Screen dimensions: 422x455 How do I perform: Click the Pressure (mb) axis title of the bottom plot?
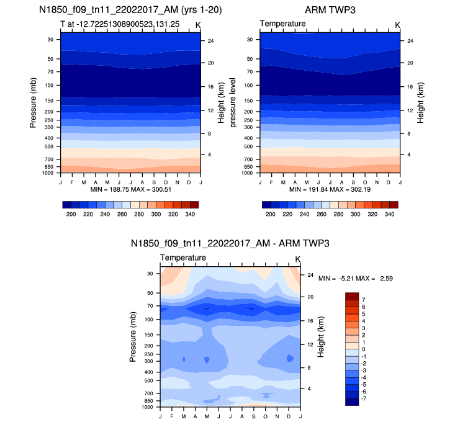[133, 337]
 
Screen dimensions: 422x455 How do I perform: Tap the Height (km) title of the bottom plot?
[321, 336]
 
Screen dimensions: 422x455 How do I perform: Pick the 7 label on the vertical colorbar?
[363, 299]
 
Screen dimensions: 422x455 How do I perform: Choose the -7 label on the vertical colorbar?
[364, 398]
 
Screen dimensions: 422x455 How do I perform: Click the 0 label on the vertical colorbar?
[363, 349]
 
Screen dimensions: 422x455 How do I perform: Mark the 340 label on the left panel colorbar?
[191, 213]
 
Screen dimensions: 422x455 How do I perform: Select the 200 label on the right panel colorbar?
[269, 213]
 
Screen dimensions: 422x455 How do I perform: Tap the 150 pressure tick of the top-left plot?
[50, 100]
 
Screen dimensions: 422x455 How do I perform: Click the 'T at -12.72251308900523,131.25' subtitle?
[109, 24]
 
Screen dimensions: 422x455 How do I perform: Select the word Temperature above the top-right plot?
[283, 24]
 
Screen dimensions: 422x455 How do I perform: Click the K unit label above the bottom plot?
[297, 258]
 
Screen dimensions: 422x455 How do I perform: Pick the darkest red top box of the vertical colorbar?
[351, 295]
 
